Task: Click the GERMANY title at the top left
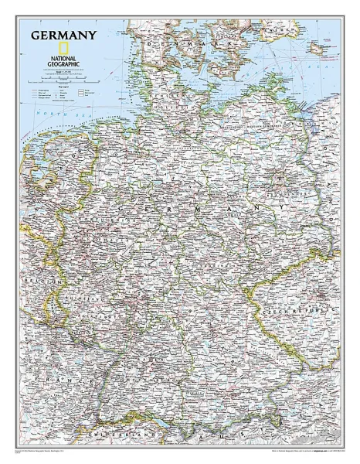(x=63, y=35)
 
